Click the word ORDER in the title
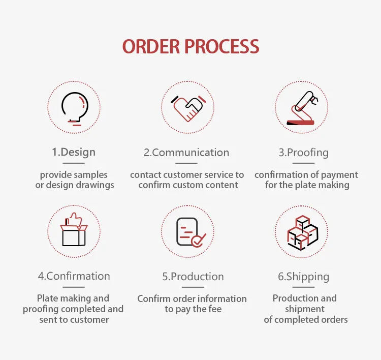(151, 46)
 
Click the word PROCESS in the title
(222, 46)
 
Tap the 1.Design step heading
(74, 152)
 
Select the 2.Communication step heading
(186, 153)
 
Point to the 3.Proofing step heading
(303, 153)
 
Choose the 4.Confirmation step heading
(74, 276)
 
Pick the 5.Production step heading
(193, 277)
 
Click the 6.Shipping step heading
(303, 277)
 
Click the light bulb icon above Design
(74, 108)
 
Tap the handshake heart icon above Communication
(187, 108)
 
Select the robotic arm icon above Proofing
(302, 108)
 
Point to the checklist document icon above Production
(188, 232)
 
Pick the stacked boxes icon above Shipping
(302, 232)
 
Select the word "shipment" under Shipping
(305, 309)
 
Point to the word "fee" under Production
(214, 309)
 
